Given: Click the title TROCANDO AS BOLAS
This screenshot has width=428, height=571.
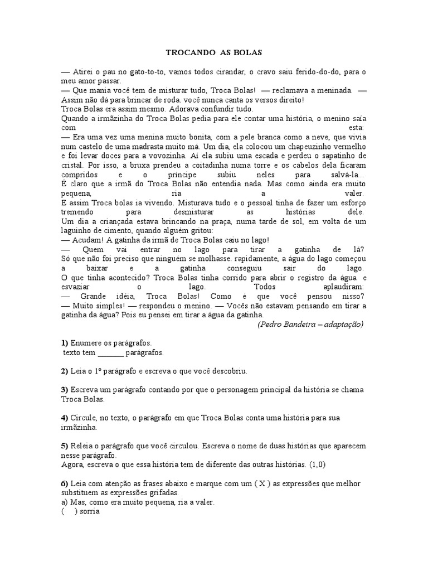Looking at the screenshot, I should pos(214,52).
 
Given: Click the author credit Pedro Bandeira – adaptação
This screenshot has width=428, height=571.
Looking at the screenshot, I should pos(310,324).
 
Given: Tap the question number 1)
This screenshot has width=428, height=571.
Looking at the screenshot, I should pos(64,343).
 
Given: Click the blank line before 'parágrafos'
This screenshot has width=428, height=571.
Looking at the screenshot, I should pos(111,353).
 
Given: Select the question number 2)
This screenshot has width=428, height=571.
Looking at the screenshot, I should pos(64,371).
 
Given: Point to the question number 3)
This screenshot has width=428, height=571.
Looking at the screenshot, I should pos(64,389).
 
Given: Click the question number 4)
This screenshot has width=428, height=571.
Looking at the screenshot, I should pos(64,418).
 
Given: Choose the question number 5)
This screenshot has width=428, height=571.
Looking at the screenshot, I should pos(64,446).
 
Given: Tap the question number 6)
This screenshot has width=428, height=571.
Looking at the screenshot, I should pos(64,483).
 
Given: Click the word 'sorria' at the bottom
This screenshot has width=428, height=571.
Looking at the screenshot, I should pos(90,512).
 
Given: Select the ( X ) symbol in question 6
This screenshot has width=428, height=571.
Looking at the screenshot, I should pos(264,483).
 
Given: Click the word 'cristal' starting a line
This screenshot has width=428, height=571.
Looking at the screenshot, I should pos(71,165).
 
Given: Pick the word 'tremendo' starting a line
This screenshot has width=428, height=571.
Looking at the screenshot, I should pos(76,212).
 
